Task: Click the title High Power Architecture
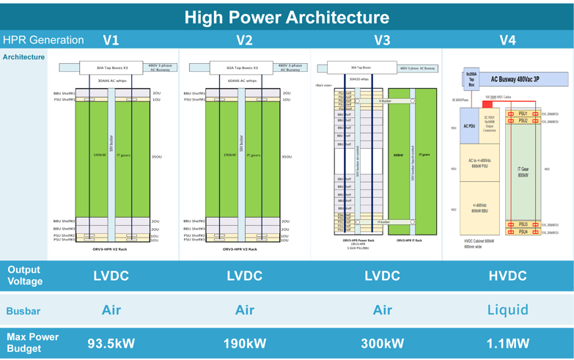coord(287,17)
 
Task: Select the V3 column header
coord(382,40)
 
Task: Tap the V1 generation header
coord(111,40)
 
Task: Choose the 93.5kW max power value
coord(111,342)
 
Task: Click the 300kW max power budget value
coord(382,342)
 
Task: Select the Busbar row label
coord(23,309)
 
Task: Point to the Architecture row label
coord(23,56)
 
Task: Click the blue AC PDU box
coord(469,126)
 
